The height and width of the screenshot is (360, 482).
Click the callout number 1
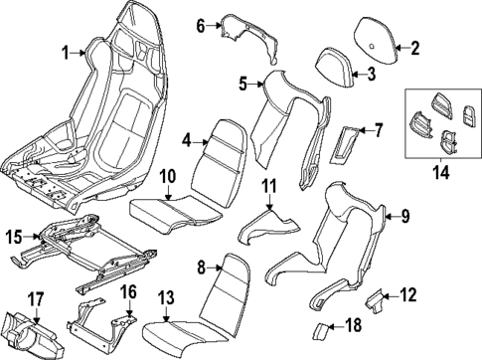pos(67,53)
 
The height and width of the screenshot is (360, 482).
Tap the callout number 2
pos(416,45)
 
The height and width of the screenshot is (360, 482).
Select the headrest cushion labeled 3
pos(341,69)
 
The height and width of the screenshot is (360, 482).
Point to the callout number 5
pos(241,85)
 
